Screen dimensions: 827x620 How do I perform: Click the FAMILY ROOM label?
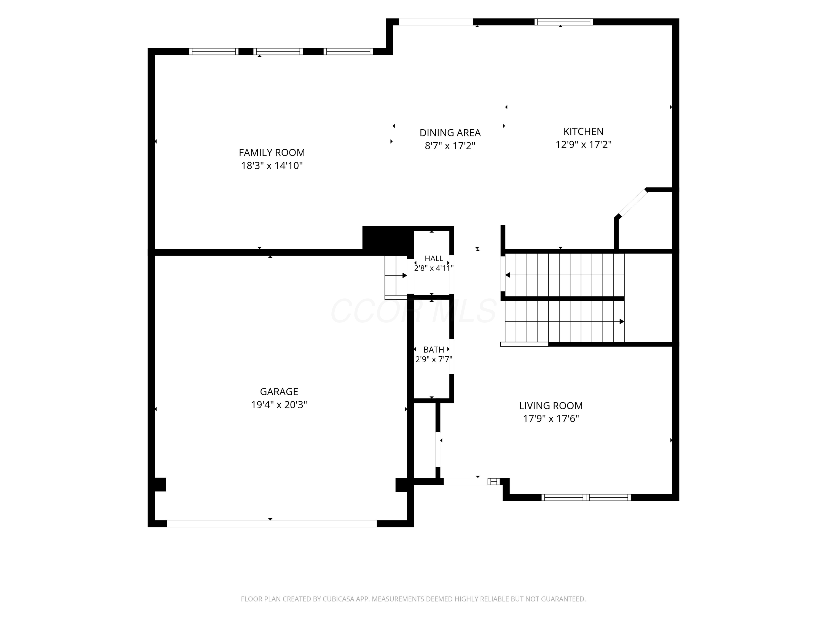tap(272, 152)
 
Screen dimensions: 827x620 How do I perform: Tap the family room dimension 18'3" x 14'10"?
tap(272, 166)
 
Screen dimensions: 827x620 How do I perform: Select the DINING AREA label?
tap(450, 133)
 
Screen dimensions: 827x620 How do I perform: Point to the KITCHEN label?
tap(583, 131)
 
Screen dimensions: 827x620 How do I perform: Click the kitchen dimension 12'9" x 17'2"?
tap(583, 145)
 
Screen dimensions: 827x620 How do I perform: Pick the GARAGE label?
tap(279, 392)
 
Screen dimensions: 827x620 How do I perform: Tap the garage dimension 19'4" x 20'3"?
tap(279, 405)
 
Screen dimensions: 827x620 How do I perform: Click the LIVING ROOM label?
tap(551, 406)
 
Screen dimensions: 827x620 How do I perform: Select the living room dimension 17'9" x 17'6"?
tap(551, 419)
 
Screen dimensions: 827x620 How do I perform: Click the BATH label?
tap(434, 350)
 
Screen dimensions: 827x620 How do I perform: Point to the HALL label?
tap(434, 258)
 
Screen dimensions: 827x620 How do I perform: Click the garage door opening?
tap(272, 524)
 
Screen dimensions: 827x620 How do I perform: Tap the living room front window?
tap(586, 497)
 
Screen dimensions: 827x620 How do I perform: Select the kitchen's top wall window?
tap(563, 22)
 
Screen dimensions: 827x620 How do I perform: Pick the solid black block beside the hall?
tap(388, 241)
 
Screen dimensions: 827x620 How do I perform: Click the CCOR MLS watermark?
tap(413, 311)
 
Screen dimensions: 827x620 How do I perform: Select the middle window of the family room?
tap(278, 52)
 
